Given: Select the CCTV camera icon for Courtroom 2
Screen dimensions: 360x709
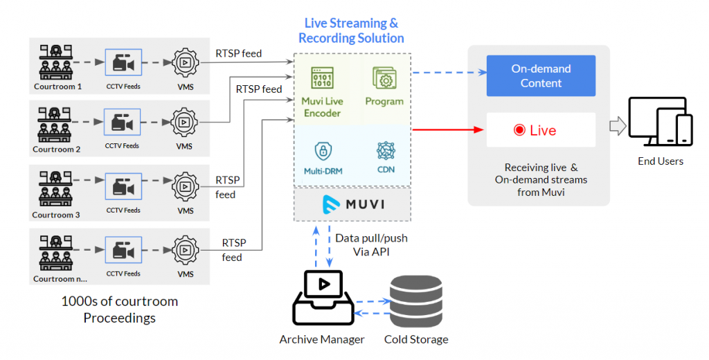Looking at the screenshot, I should [123, 123].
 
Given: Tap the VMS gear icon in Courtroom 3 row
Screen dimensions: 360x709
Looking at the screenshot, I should [185, 187].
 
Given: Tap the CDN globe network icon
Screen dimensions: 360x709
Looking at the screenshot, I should [386, 150].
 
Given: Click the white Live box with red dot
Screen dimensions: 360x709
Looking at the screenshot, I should [541, 130].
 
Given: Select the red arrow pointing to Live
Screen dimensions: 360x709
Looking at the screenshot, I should [447, 129].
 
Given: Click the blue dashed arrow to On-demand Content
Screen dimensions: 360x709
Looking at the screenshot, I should [447, 72].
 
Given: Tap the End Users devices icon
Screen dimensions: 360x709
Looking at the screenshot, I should [660, 123].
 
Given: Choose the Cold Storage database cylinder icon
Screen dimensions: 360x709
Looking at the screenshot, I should [415, 302].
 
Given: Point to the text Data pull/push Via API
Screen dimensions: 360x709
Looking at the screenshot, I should [371, 245].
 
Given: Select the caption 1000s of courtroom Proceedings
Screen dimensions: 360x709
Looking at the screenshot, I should [119, 309].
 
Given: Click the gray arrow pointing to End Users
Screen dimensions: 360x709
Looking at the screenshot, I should [616, 126].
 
